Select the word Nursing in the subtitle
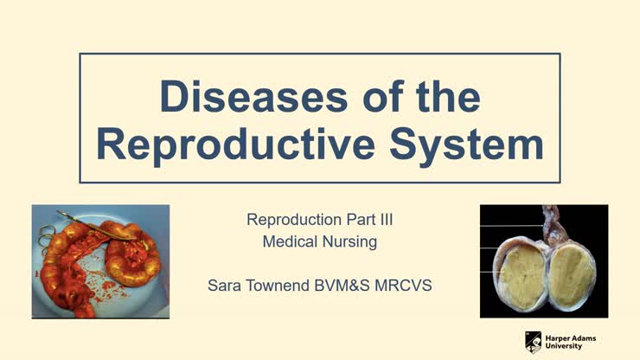[349, 242]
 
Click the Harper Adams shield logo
[534, 341]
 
